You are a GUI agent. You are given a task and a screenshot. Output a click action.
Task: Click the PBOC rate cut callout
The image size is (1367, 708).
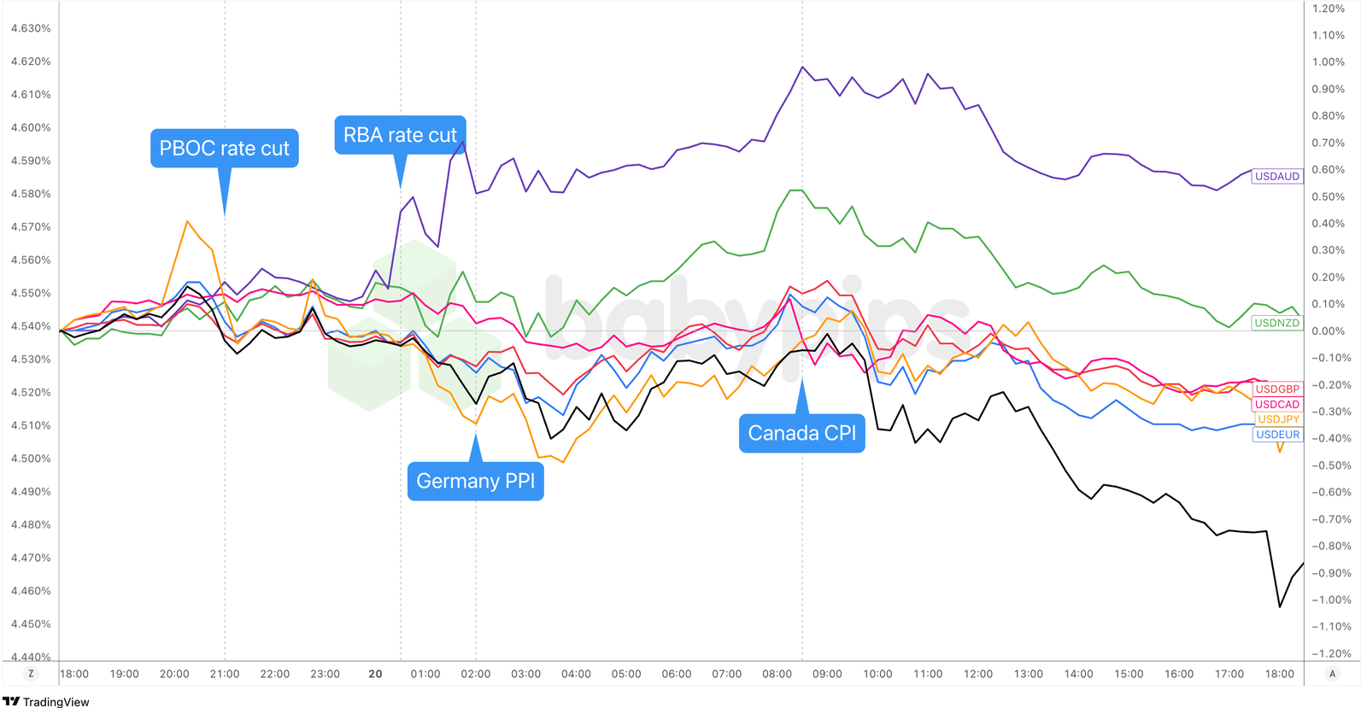(225, 149)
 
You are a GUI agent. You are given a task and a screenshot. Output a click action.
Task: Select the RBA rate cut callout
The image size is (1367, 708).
(400, 135)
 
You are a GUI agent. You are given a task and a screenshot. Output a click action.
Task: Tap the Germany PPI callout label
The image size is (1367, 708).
(475, 481)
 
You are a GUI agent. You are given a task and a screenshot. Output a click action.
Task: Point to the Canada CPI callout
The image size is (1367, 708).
(801, 433)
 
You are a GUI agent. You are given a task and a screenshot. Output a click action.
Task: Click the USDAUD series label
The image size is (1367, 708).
(1276, 176)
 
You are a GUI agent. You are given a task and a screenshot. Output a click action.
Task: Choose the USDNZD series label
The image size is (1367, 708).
(1276, 323)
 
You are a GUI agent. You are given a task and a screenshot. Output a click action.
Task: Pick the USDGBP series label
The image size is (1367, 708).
(1276, 389)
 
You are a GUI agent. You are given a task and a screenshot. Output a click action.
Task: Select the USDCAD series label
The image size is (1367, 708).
(1276, 404)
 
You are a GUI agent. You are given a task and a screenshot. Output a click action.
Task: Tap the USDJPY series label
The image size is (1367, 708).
(1278, 419)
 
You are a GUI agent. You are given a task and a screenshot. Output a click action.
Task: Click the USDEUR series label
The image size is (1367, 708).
(1277, 435)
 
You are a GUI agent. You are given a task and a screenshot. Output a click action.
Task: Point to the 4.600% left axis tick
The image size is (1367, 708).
(31, 127)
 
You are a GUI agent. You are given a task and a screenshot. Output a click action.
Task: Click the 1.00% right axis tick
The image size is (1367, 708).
(1328, 61)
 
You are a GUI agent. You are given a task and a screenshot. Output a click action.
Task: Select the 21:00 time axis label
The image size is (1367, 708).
(225, 674)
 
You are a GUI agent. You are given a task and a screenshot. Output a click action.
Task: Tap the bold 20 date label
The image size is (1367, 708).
(375, 674)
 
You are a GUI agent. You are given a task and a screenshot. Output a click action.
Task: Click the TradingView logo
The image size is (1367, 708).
(46, 701)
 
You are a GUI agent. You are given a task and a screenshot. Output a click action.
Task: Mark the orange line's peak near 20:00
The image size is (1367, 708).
(187, 221)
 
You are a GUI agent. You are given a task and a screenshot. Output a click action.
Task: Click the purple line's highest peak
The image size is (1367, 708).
(802, 67)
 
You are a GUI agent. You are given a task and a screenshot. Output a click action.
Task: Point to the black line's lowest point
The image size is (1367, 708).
(1279, 606)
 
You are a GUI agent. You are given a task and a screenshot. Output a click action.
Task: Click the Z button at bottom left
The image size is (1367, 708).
(32, 674)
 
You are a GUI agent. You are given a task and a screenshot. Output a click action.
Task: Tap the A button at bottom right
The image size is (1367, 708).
(1332, 674)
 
